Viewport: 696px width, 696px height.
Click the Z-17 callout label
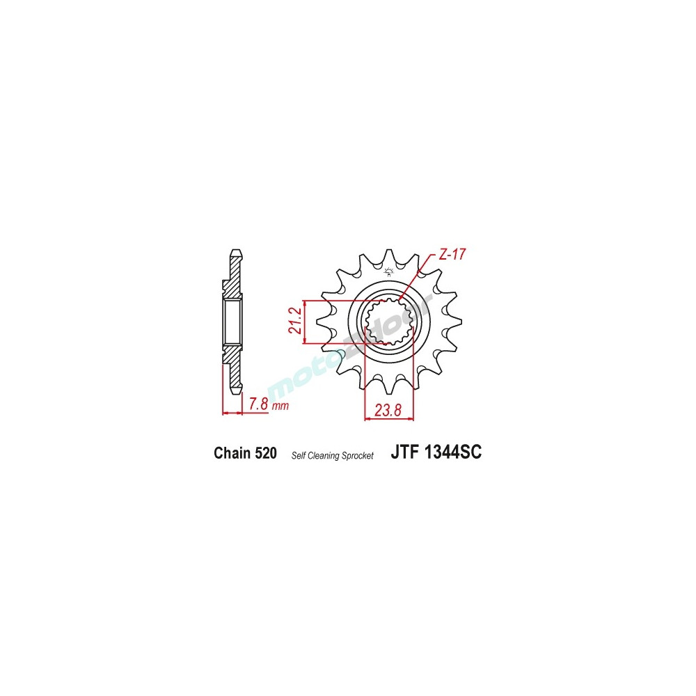(452, 255)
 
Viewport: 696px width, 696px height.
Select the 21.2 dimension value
(295, 319)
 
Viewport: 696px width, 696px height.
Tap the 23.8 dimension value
(388, 411)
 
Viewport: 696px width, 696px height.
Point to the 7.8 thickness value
(258, 404)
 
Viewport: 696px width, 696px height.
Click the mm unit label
(280, 406)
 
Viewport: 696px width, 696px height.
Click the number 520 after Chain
(266, 454)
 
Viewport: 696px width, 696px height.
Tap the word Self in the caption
(299, 456)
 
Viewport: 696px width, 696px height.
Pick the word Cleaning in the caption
(327, 456)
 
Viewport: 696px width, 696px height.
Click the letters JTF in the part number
(405, 453)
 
